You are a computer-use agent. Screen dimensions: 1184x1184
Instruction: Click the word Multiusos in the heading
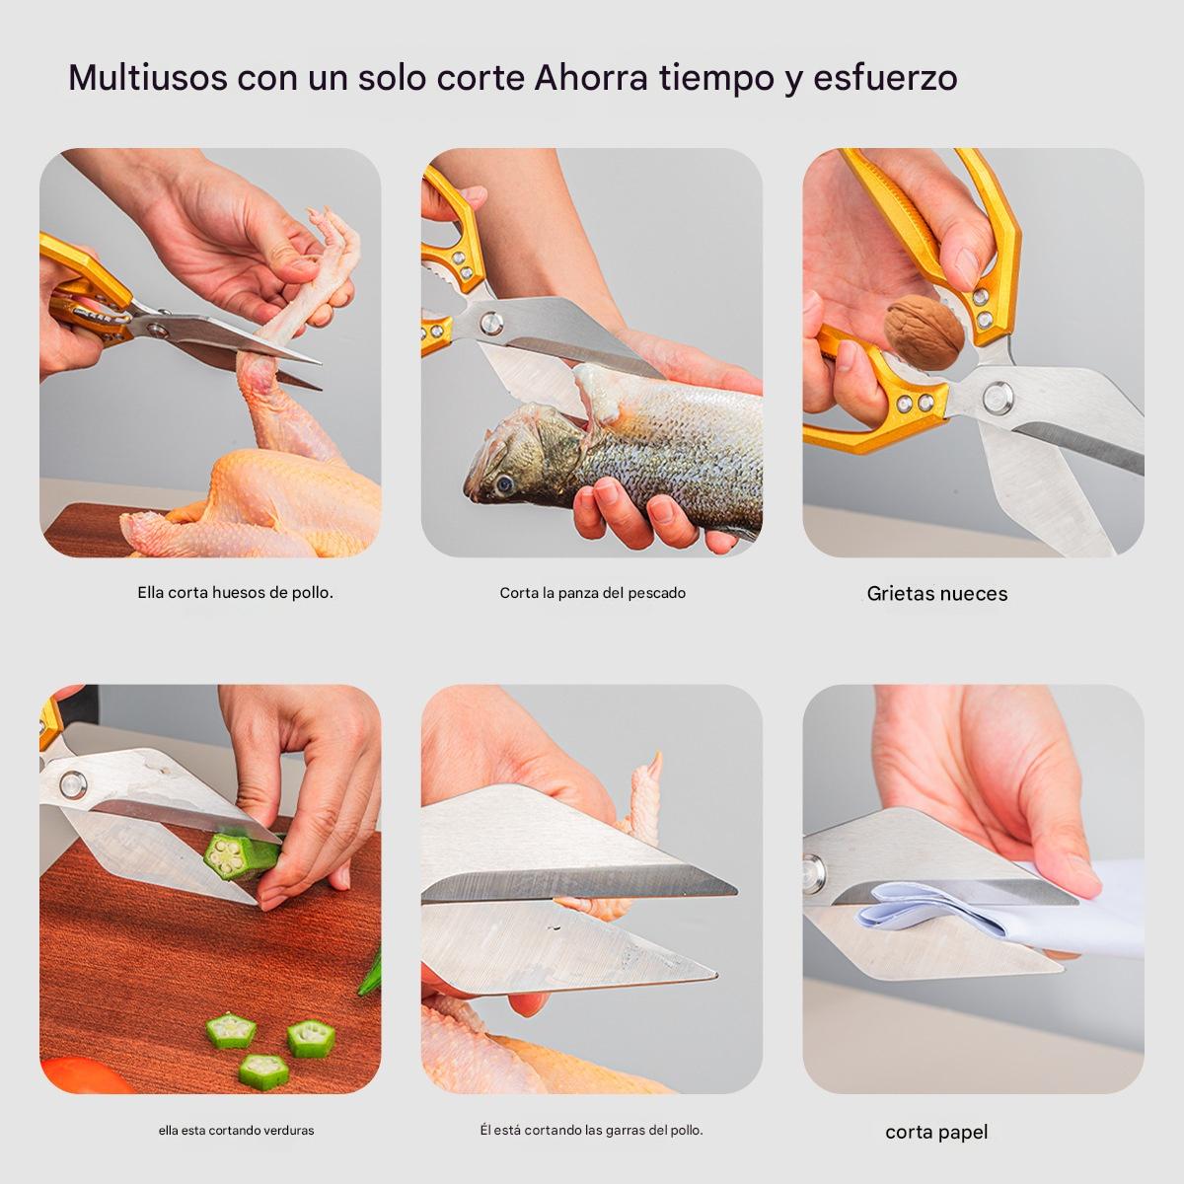[148, 77]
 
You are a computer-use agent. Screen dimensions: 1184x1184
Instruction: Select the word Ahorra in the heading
[591, 77]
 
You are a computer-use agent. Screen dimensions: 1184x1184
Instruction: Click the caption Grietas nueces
[937, 594]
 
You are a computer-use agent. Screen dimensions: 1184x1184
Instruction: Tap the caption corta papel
[936, 1132]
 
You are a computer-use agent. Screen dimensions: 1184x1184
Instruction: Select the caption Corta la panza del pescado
[592, 593]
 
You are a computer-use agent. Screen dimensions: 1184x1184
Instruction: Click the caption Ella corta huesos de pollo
[236, 592]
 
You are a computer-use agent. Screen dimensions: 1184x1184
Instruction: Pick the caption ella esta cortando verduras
[236, 1131]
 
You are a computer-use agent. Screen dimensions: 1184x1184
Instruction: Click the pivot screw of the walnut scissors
[998, 398]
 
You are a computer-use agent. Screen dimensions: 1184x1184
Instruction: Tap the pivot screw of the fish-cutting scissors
[491, 324]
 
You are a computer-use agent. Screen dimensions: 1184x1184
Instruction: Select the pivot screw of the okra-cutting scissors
[73, 784]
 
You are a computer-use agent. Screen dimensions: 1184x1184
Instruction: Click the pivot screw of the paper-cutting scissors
[813, 873]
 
